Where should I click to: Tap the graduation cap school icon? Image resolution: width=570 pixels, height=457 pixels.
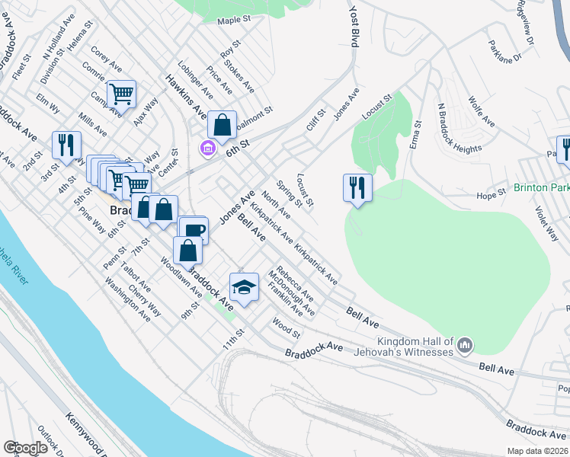point(244,288)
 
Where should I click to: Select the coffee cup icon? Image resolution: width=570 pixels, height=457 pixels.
point(193,231)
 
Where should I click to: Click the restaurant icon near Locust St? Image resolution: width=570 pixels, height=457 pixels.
point(357,187)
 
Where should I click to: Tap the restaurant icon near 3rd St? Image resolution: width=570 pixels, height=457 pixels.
point(66,145)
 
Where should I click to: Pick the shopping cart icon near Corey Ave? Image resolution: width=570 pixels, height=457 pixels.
point(121,94)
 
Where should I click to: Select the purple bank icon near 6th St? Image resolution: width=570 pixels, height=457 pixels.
point(207,147)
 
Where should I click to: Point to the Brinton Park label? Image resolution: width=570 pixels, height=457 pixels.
point(541,187)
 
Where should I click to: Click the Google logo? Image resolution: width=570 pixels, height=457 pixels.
point(25,448)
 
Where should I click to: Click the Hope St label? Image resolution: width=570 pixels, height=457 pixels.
point(492,195)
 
